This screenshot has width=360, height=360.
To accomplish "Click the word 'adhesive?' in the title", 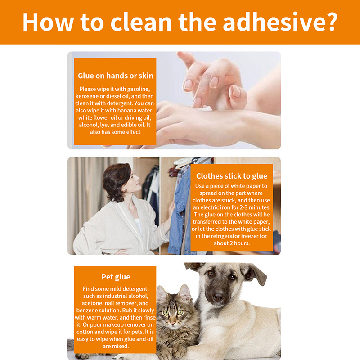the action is click(x=280, y=22).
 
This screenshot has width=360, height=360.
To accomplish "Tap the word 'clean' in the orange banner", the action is click(x=141, y=22).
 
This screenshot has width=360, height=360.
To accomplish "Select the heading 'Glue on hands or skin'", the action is click(x=116, y=76).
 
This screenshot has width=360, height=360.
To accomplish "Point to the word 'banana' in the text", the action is click(x=127, y=110).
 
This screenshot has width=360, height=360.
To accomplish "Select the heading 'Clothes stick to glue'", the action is click(x=232, y=176).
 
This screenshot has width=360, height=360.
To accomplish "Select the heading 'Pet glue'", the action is click(x=116, y=277).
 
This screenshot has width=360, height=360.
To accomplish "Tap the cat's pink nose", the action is click(x=173, y=323).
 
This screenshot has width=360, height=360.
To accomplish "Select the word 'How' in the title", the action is click(x=48, y=22).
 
